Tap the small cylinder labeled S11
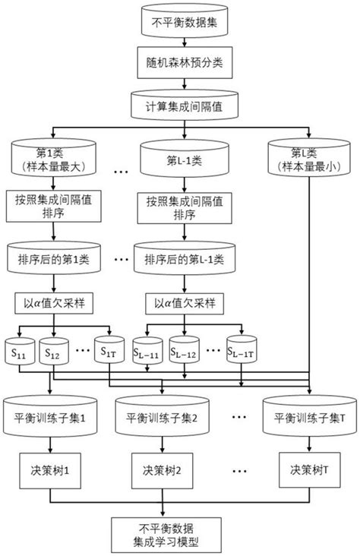pyautogui.click(x=17, y=352)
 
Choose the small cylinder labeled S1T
pyautogui.click(x=109, y=352)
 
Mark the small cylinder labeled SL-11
pyautogui.click(x=147, y=352)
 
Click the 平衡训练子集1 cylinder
pyautogui.click(x=51, y=417)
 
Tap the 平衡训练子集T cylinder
pyautogui.click(x=311, y=417)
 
